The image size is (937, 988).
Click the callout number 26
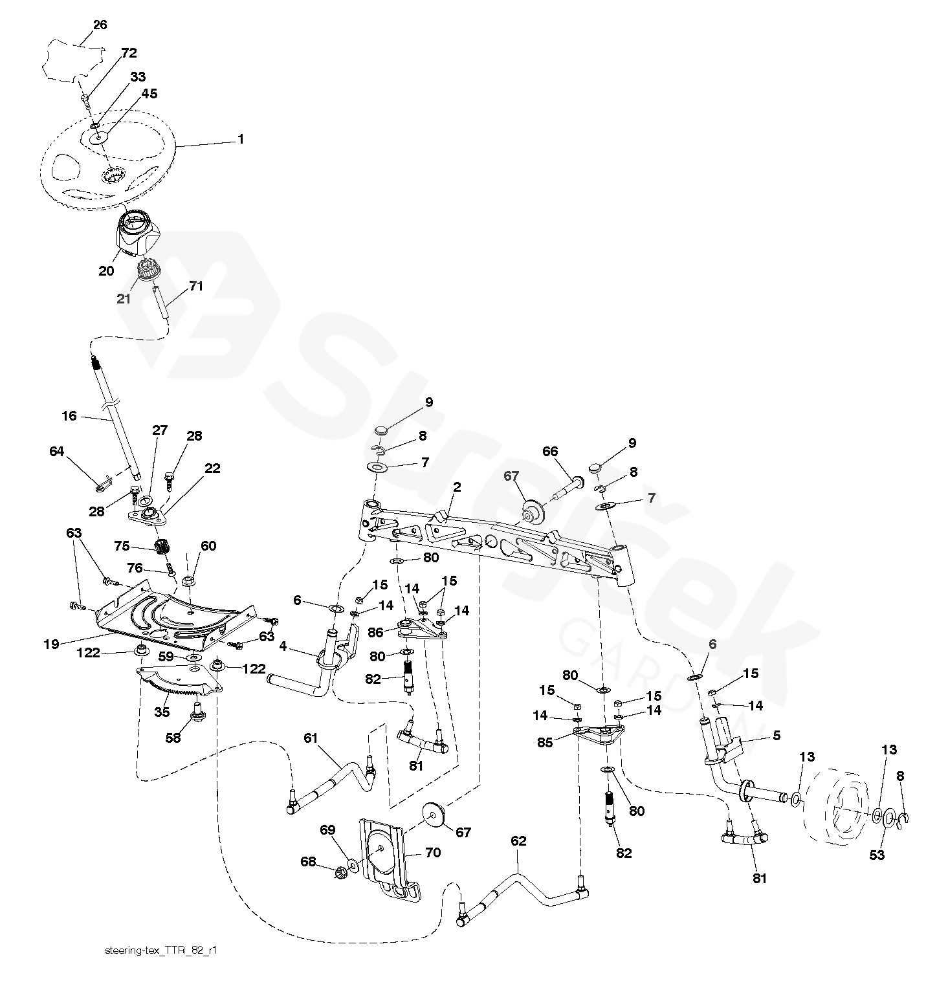pos(100,25)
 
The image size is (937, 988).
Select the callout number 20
pos(106,271)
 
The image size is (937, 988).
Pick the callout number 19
pos(52,644)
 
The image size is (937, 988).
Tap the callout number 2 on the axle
pos(457,487)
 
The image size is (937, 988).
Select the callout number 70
pos(433,853)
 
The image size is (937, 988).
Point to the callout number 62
pos(518,841)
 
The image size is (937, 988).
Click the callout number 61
pos(311,738)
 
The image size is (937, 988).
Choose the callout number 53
pos(876,855)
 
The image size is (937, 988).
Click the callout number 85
pos(545,743)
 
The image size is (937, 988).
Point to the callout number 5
pos(777,736)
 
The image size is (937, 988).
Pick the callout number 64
pos(57,451)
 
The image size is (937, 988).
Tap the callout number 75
pos(122,545)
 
